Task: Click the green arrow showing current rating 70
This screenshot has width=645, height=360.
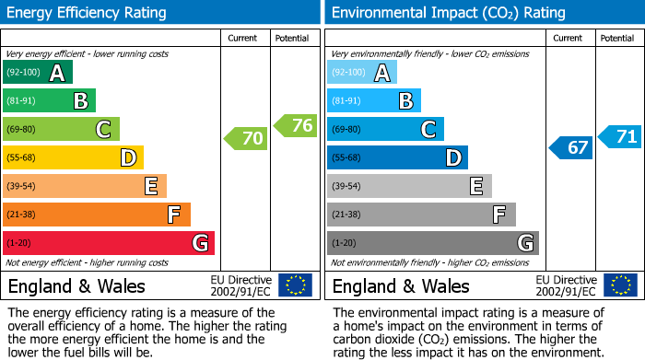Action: pos(246,139)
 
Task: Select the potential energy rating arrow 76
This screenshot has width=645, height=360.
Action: pos(296,126)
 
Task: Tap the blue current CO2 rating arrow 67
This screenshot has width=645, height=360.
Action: pos(571,147)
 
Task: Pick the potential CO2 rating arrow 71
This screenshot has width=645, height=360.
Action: pos(620,136)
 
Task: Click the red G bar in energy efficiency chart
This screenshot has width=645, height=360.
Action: pos(108,243)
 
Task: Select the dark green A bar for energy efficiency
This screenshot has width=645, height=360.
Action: pos(38,73)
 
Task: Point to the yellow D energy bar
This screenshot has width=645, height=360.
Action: pos(73,157)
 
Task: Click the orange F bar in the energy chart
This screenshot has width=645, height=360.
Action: pos(97,215)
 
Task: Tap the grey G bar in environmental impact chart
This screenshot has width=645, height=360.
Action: pos(432,243)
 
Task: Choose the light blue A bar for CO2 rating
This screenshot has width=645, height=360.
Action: pos(362,73)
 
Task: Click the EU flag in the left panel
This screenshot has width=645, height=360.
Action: pos(295,285)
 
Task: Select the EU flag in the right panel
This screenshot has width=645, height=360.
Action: pos(619,285)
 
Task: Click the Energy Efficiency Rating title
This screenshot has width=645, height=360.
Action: pos(88,13)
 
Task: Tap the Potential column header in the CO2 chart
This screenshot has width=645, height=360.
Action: pos(616,38)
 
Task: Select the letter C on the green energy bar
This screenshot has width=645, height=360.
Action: pos(104,130)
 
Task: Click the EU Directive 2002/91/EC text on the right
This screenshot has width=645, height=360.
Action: pos(565,285)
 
